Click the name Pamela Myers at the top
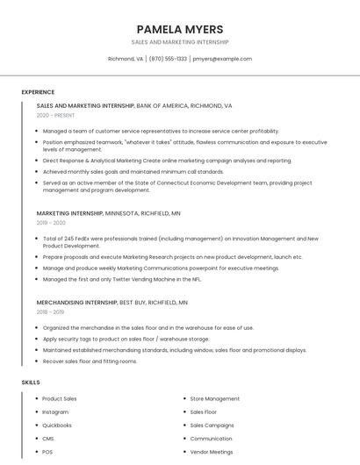point(179,29)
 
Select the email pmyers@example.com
point(222,59)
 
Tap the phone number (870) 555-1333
point(168,59)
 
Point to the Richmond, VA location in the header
point(126,59)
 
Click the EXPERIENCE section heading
point(38,92)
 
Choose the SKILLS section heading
point(31,383)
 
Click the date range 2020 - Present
point(55,115)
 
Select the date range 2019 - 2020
point(51,223)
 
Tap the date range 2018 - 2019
point(50,311)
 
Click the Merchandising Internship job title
point(77,302)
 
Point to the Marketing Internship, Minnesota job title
point(70,213)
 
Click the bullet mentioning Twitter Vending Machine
point(121,279)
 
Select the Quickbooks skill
point(57,425)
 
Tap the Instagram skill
point(55,411)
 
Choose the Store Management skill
point(214,398)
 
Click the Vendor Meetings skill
point(212,451)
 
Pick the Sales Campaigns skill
point(212,425)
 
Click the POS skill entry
point(47,451)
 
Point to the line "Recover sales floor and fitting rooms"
point(90,361)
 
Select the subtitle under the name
point(179,42)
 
